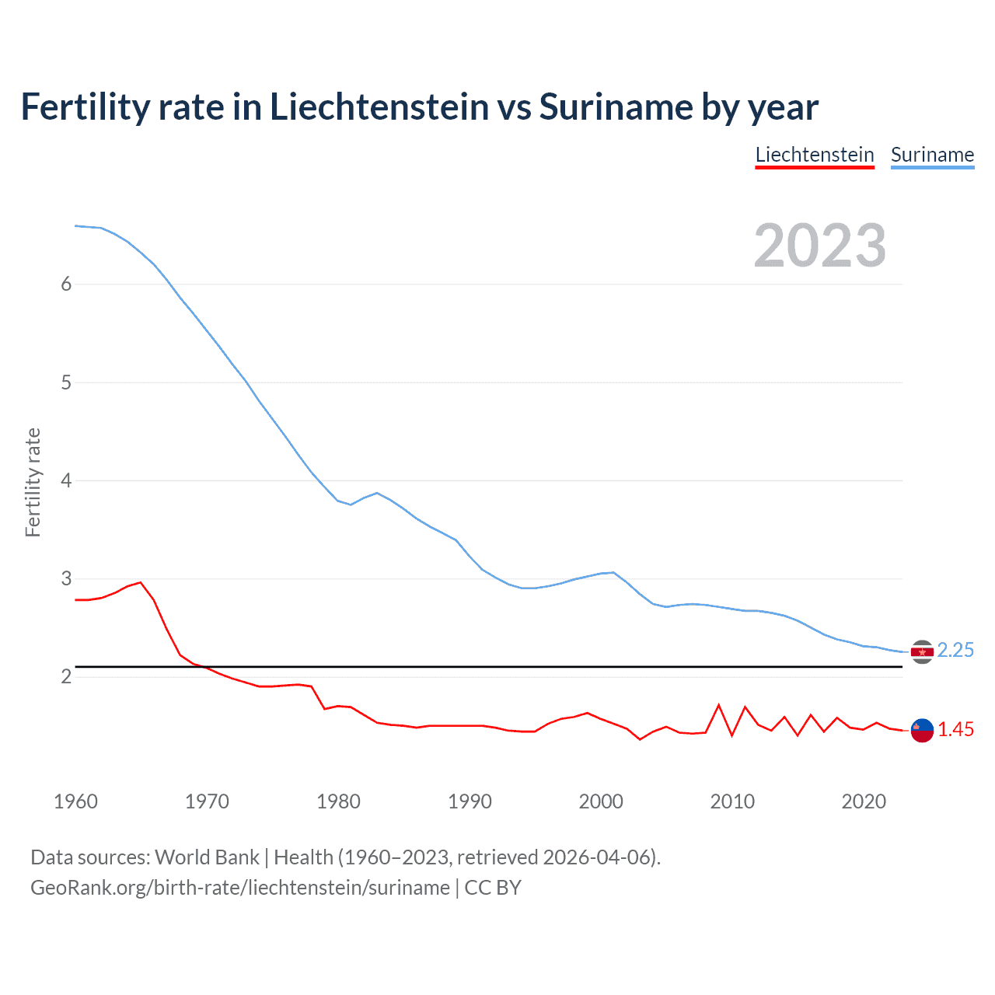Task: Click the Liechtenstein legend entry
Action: [x=815, y=155]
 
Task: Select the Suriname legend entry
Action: [x=932, y=155]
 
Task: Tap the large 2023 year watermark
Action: [x=820, y=246]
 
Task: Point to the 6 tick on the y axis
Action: [x=66, y=285]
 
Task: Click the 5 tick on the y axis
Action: [x=66, y=382]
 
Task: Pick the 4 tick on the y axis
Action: [x=66, y=480]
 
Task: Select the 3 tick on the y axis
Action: [x=66, y=579]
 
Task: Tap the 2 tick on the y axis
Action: [x=66, y=677]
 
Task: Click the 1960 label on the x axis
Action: [x=75, y=801]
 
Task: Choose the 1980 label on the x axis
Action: [x=338, y=801]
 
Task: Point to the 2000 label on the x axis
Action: [x=601, y=801]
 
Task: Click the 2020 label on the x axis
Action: [x=864, y=801]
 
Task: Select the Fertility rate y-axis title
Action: [x=33, y=482]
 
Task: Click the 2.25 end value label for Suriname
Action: [x=955, y=650]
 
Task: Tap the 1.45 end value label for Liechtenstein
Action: [x=955, y=729]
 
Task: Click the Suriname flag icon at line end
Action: [x=922, y=651]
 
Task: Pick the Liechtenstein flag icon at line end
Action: [x=922, y=730]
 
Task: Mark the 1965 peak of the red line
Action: [x=141, y=582]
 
